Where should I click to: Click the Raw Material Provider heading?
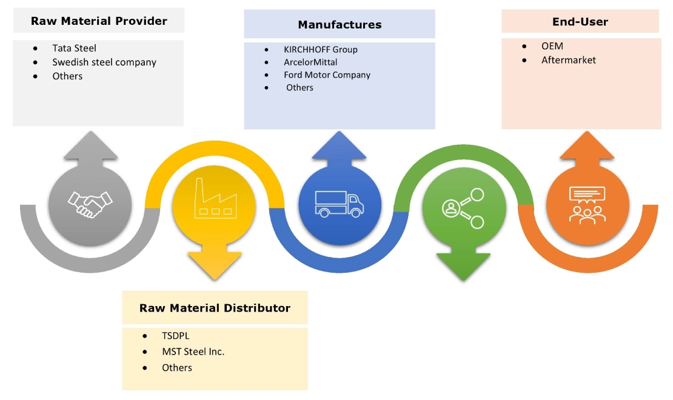99,21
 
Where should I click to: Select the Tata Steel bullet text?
74,48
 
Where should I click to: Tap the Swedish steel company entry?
104,62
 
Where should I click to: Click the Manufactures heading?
340,25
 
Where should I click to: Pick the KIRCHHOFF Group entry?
320,49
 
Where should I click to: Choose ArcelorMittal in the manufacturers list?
310,62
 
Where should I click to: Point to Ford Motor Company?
327,75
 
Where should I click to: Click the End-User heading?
580,22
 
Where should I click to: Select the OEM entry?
552,46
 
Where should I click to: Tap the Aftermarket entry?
569,60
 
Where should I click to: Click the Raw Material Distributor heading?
215,308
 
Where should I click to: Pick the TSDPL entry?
176,335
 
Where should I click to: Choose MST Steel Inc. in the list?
193,352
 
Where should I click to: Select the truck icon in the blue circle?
340,204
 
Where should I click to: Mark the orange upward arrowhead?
588,148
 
